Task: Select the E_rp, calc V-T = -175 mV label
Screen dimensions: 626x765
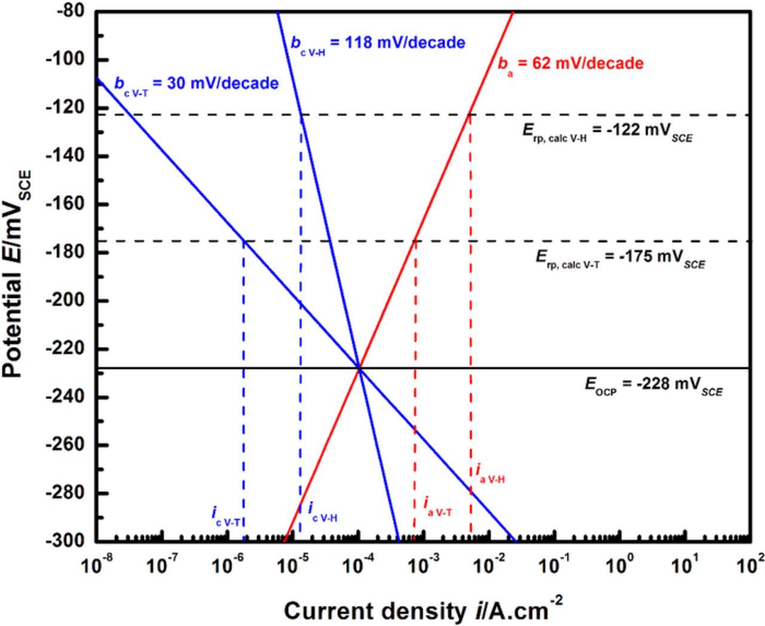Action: [x=620, y=259]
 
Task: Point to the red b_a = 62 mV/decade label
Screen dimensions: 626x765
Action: [x=571, y=64]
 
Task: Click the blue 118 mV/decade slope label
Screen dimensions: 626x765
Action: [x=378, y=43]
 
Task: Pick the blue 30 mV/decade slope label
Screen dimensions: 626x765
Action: [x=196, y=83]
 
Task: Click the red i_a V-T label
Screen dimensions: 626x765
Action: [x=437, y=507]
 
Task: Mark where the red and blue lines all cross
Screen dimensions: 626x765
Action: [x=359, y=368]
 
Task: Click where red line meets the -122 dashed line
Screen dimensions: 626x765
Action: [x=470, y=114]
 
